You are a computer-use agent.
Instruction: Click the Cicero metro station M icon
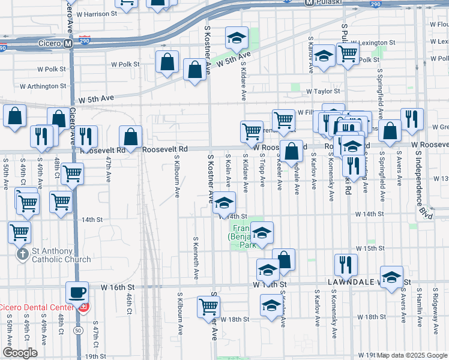[x=68, y=43]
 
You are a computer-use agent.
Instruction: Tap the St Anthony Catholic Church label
[x=53, y=255]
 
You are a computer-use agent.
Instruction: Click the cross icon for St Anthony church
[x=22, y=254]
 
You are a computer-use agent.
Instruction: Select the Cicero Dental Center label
[x=36, y=308]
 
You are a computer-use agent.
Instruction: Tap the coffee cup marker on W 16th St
[x=77, y=293]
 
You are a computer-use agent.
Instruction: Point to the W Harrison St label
[x=97, y=14]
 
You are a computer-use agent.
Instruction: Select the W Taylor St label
[x=322, y=91]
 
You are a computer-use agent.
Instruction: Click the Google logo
[x=20, y=353]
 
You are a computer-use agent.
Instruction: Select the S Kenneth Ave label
[x=196, y=258]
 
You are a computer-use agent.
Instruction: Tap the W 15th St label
[x=370, y=248]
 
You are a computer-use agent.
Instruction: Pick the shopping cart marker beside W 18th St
[x=208, y=307]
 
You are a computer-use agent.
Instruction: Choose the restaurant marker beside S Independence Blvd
[x=412, y=119]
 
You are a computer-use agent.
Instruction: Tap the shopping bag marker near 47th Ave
[x=130, y=137]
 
